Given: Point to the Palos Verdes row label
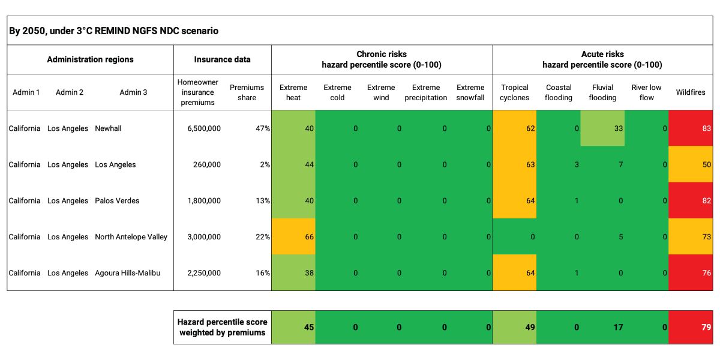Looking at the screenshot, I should (x=117, y=200).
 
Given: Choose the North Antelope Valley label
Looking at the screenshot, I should (x=131, y=237).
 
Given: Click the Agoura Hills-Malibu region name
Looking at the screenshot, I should (x=127, y=273).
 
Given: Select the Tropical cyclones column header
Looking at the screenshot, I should (x=514, y=92).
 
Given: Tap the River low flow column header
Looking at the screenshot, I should (x=646, y=92).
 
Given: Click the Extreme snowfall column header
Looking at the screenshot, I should (x=470, y=92).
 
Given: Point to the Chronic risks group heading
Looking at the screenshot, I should (x=382, y=59).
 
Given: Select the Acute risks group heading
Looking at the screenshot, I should (x=602, y=59).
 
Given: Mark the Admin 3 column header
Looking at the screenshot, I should (x=133, y=92).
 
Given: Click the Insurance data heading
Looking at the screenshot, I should (x=222, y=59).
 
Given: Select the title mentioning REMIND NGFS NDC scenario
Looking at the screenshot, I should (x=113, y=31).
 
